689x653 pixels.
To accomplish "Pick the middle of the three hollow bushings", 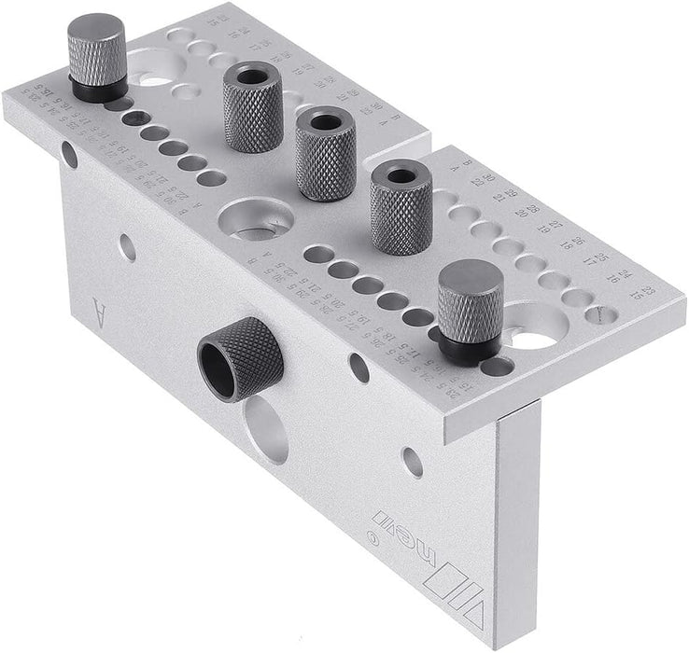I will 325,152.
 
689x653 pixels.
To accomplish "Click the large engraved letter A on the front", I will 99,307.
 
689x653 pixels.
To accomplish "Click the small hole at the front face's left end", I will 70,154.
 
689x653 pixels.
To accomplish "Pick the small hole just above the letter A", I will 127,247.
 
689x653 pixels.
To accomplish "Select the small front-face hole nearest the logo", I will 412,461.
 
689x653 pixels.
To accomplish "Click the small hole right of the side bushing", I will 359,368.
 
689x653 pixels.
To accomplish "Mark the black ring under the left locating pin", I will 98,90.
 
